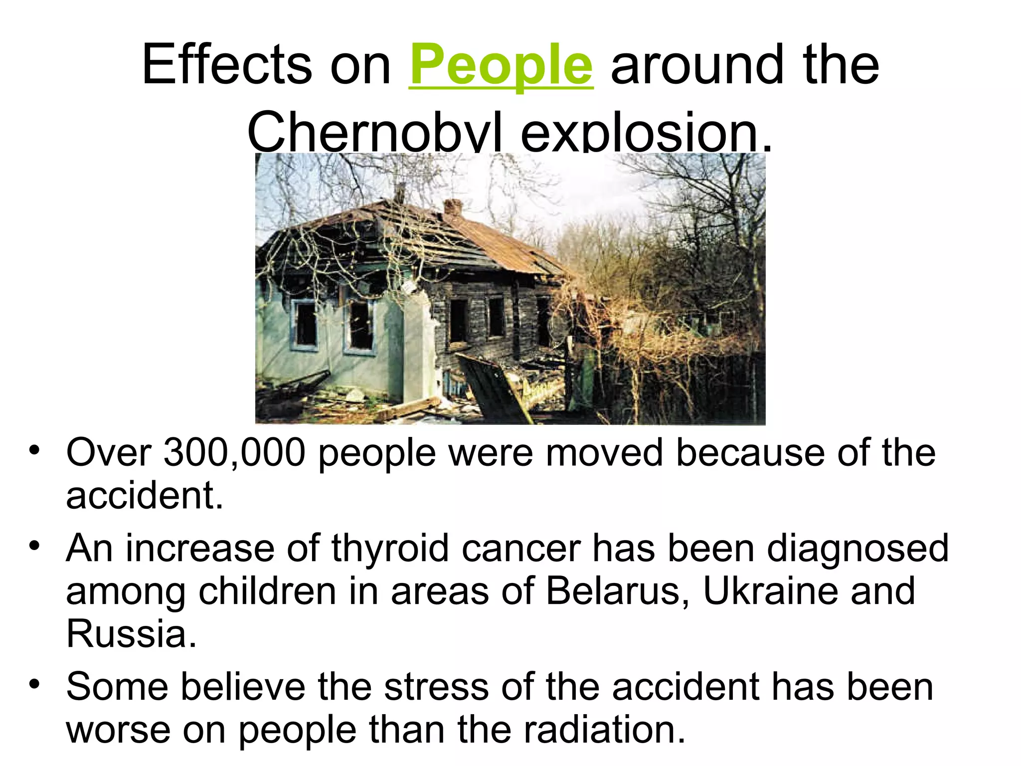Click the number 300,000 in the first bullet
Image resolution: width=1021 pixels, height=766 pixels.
[234, 453]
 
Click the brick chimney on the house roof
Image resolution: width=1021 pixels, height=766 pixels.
[452, 207]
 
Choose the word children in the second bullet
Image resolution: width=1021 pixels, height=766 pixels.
[267, 591]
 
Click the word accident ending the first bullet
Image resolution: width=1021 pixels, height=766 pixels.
[145, 496]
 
